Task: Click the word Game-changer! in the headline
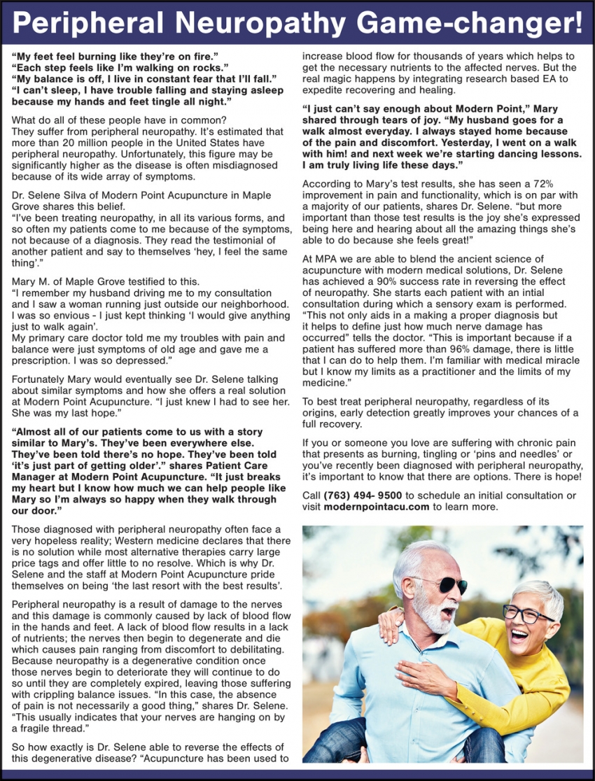point(471,23)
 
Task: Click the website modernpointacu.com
point(376,507)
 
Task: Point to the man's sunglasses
point(442,584)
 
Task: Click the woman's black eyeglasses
point(526,615)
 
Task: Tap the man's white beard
point(435,617)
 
